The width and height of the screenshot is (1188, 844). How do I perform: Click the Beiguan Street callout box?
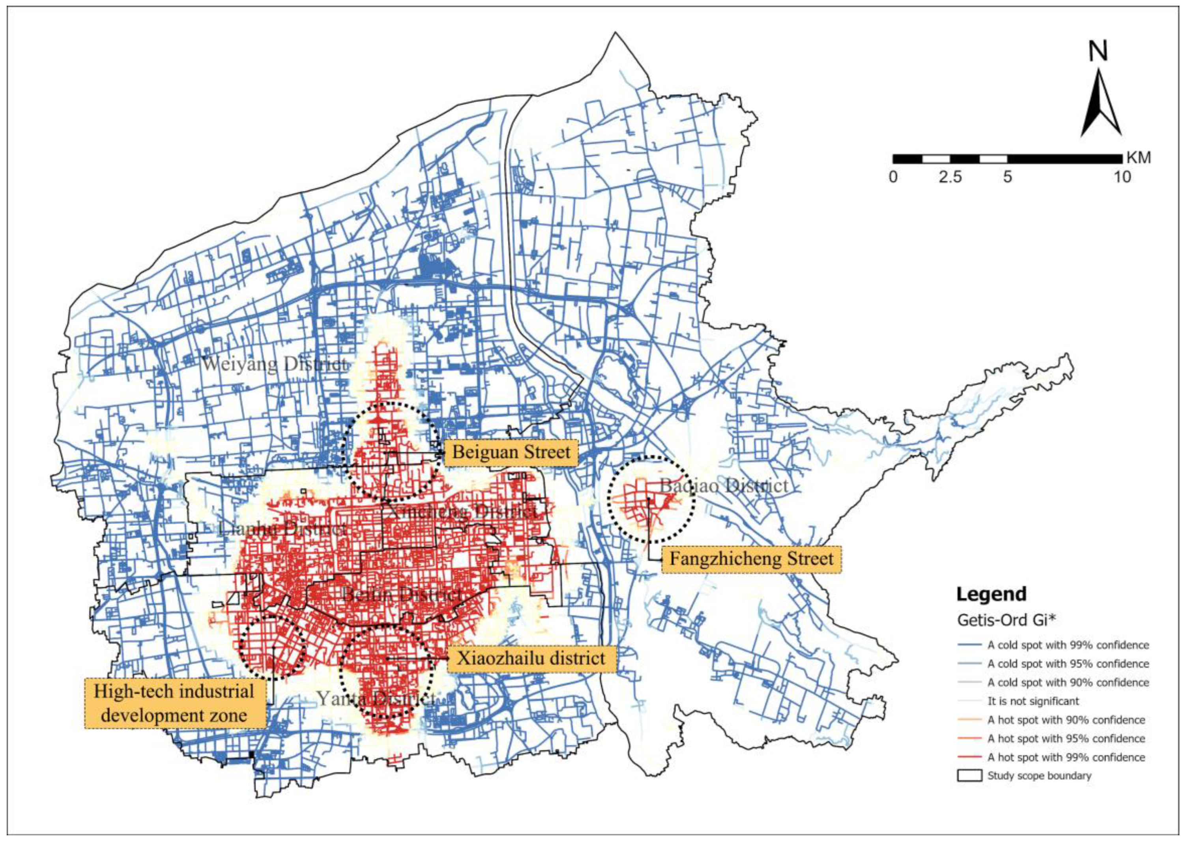click(511, 452)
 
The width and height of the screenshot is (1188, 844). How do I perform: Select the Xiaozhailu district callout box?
click(531, 659)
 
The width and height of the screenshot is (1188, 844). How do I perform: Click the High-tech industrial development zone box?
click(175, 703)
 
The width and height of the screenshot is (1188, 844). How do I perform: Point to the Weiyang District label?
click(274, 364)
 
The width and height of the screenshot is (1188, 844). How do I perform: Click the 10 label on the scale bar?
click(1122, 177)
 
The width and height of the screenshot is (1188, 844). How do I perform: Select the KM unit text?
click(1138, 157)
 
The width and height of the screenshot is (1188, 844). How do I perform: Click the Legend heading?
click(992, 594)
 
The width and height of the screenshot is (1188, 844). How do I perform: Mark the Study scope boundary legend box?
click(969, 775)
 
